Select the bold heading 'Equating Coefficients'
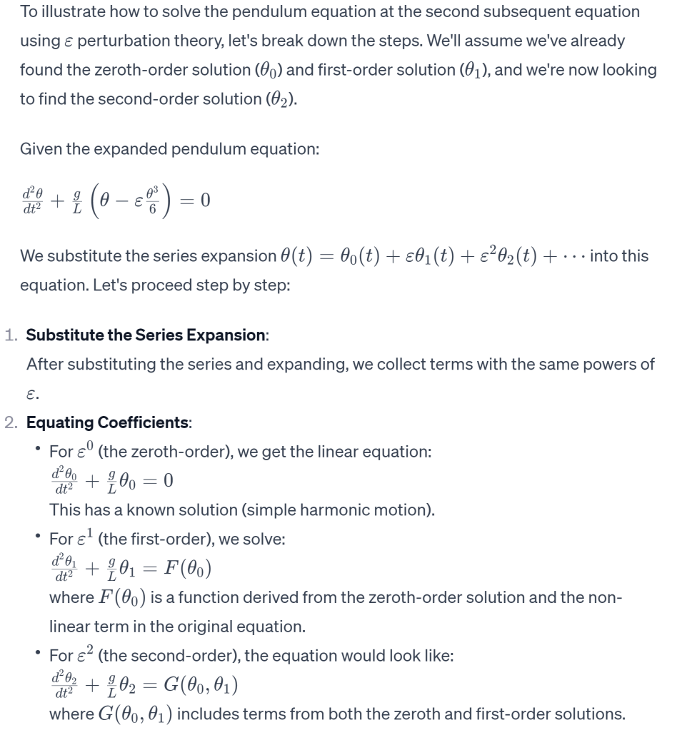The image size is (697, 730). tap(108, 422)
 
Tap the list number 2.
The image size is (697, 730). tap(11, 422)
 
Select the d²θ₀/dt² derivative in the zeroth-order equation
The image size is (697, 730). tap(66, 482)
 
